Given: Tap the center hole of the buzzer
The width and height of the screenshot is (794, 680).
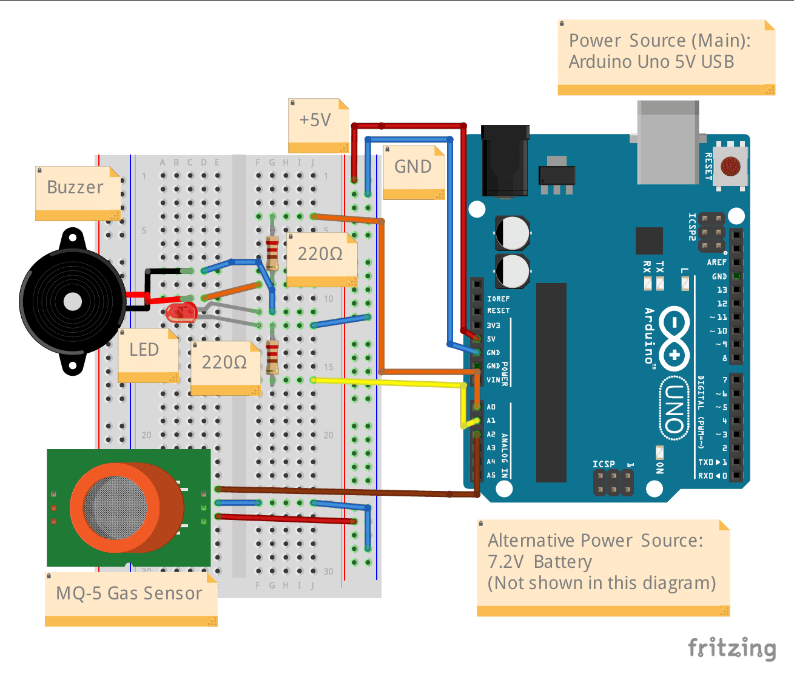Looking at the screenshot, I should click(73, 301).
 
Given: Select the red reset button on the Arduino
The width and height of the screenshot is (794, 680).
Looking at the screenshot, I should click(730, 165).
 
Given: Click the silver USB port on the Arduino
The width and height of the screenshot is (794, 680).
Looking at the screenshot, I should click(668, 143).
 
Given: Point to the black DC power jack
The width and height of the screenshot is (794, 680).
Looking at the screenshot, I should click(505, 161).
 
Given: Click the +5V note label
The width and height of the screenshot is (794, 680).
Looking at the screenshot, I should click(315, 120).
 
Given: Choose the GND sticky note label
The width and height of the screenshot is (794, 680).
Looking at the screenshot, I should click(413, 167).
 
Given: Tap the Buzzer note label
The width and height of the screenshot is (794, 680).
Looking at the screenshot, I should click(75, 187).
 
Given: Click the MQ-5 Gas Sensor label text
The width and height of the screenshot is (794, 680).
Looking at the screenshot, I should click(129, 593).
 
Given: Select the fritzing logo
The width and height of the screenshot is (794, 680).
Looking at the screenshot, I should click(732, 648).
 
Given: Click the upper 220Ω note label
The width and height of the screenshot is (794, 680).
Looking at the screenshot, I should click(320, 254).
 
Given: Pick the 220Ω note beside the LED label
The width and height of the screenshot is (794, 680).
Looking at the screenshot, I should click(224, 362).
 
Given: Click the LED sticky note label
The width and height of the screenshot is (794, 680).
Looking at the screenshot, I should click(144, 350).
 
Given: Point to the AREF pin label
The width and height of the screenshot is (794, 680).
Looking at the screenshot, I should click(716, 262).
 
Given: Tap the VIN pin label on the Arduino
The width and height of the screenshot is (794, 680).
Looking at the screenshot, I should click(493, 380).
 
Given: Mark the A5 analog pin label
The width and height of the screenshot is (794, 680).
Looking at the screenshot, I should click(491, 475).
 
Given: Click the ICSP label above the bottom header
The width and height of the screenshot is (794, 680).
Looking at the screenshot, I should click(604, 464).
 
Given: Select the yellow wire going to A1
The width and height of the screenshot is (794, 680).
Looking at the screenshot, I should click(388, 382).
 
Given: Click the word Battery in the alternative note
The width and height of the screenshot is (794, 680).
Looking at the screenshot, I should click(563, 562).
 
